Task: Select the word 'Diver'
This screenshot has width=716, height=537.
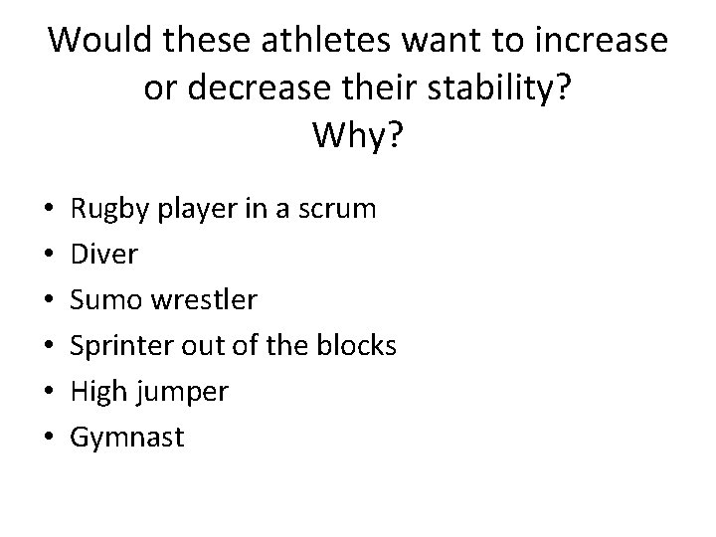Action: (105, 255)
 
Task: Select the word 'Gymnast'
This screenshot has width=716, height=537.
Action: (127, 438)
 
